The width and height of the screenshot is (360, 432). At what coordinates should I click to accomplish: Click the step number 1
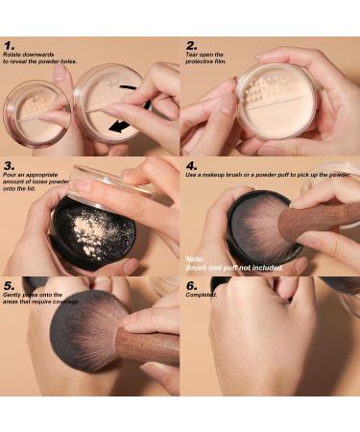pyautogui.click(x=9, y=45)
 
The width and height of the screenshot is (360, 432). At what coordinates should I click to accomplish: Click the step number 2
pyautogui.click(x=191, y=45)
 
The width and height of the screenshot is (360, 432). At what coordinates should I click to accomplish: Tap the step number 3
pyautogui.click(x=10, y=166)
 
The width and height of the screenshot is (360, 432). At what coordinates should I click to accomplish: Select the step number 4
pyautogui.click(x=192, y=166)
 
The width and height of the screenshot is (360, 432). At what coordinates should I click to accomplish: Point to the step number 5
pyautogui.click(x=9, y=286)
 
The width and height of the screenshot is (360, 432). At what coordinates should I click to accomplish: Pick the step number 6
pyautogui.click(x=192, y=286)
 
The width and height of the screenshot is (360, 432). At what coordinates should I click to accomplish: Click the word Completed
pyautogui.click(x=201, y=295)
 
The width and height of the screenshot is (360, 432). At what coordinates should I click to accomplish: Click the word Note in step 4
pyautogui.click(x=195, y=259)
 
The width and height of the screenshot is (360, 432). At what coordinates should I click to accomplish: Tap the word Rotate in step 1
pyautogui.click(x=12, y=55)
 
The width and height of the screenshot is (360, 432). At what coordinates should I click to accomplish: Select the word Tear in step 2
pyautogui.click(x=191, y=55)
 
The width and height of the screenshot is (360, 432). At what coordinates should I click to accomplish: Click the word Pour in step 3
pyautogui.click(x=10, y=175)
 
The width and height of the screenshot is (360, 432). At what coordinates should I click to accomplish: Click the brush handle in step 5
pyautogui.click(x=148, y=347)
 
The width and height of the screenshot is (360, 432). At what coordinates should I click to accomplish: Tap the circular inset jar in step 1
pyautogui.click(x=36, y=114)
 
